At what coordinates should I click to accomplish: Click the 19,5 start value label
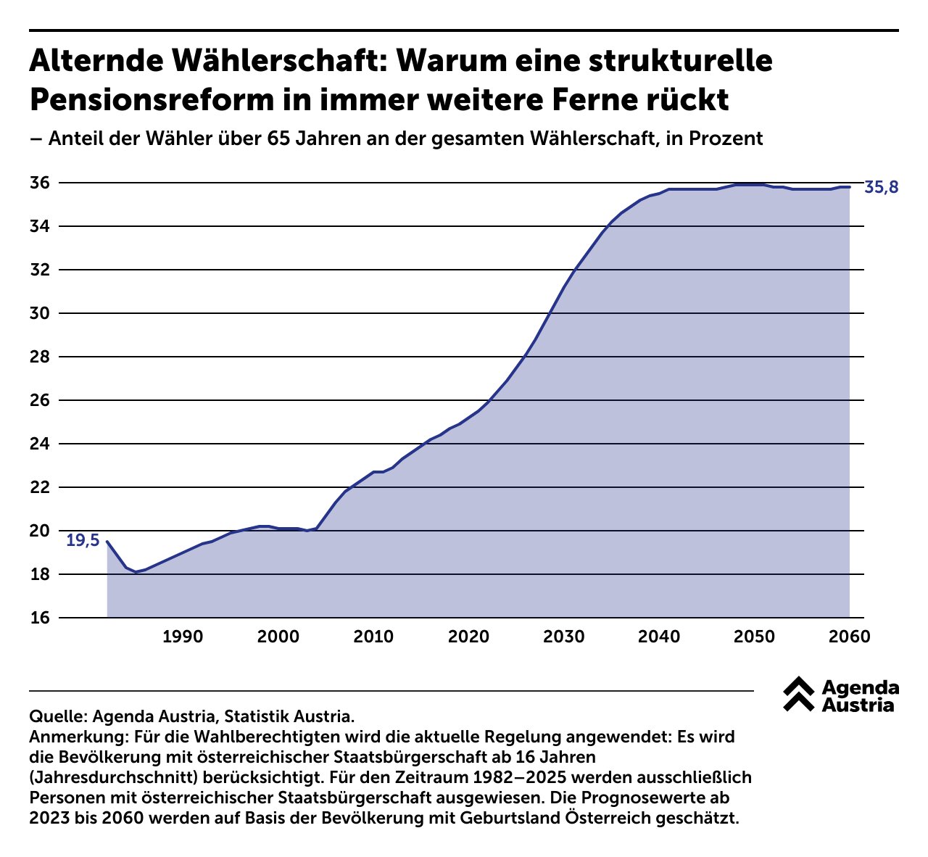point(83,541)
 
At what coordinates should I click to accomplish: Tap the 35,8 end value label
point(882,189)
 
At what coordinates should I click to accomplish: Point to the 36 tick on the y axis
point(40,183)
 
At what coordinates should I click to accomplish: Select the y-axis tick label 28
point(40,357)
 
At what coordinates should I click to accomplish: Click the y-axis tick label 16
point(40,618)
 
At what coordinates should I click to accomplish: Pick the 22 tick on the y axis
point(40,487)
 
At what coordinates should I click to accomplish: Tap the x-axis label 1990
point(182,637)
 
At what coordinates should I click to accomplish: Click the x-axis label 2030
point(564,637)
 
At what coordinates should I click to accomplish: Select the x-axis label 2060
point(849,637)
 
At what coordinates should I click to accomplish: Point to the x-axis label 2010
point(373,637)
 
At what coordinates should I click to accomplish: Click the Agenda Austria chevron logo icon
point(798,695)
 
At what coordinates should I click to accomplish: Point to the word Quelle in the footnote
point(57,717)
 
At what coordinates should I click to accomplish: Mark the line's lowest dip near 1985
point(136,572)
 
